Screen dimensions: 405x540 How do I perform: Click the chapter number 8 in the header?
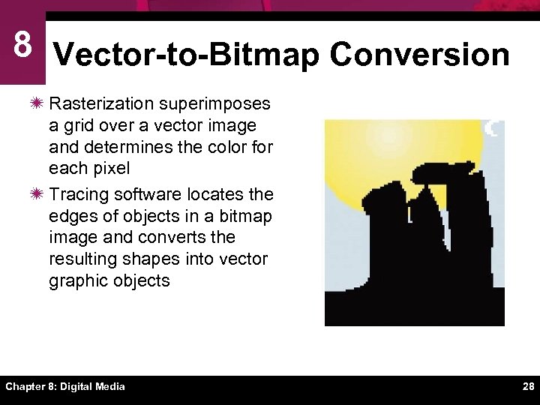22,45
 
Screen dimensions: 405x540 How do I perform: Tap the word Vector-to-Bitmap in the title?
188,55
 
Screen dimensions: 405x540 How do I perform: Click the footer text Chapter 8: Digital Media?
65,387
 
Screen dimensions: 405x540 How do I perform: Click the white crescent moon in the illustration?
493,128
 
